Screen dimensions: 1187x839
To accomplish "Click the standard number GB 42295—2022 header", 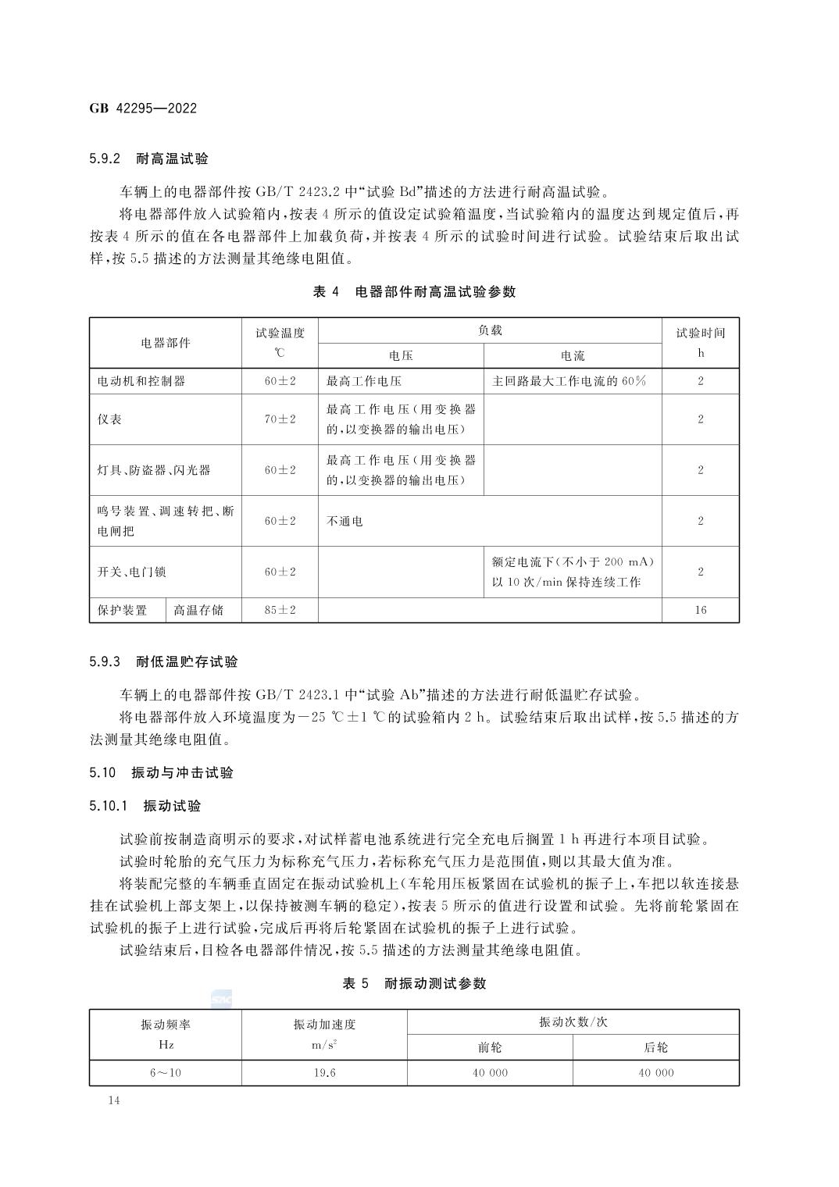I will pos(143,108).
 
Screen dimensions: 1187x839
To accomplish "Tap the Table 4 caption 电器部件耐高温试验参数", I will pos(414,292).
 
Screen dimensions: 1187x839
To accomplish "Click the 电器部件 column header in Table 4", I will pos(165,343).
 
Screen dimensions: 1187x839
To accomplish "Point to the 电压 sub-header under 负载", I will pos(401,356).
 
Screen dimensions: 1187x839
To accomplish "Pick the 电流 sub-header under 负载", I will pos(573,356).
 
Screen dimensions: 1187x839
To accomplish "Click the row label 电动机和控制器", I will pos(141,381).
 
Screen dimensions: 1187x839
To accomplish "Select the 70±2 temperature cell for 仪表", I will pos(280,419).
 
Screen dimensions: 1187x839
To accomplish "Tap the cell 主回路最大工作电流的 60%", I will pos(569,381).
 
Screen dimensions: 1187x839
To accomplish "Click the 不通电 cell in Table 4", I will pos(345,521).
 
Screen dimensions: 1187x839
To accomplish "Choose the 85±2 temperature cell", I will pos(280,610).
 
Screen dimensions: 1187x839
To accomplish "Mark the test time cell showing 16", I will pos(700,610).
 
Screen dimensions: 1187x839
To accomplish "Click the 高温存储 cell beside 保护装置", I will pos(198,610).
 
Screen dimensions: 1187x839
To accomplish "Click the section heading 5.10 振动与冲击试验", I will pos(161,772).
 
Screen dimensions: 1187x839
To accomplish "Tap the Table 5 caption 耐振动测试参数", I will pos(414,983).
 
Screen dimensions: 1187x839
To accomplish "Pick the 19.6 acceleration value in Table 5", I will pos(324,1073).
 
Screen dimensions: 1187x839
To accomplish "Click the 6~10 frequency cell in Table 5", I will pos(165,1073).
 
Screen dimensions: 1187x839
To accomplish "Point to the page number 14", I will pos(114,1100).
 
